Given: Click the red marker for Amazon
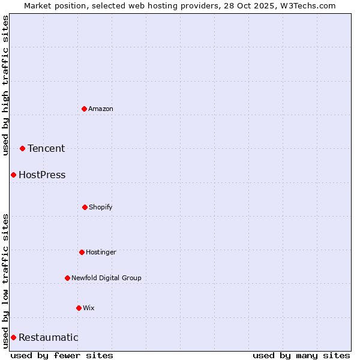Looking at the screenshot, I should coord(85,109).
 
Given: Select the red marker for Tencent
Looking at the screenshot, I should coord(22,148).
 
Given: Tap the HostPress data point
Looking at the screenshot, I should coord(13,175).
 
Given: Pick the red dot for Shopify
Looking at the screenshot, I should coord(85,207).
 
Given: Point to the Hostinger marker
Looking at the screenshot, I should coord(82,252).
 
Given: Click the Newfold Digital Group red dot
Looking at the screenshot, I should coord(67,278).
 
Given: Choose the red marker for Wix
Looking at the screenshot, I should coord(79,308).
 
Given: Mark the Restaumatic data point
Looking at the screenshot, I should coord(13,337).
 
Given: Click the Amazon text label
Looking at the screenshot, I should coord(101,109).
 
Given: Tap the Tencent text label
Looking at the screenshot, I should coord(46,148).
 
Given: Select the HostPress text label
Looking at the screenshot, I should coord(42,175).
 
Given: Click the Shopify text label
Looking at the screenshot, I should coord(101,207).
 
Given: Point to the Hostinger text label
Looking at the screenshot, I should coord(101,252).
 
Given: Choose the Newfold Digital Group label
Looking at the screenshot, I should coord(106,278).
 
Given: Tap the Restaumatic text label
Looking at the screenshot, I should coord(48,337).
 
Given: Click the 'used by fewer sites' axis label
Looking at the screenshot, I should coord(62,355).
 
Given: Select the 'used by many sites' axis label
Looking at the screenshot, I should coord(301,355).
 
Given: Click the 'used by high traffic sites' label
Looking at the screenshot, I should coord(5,86).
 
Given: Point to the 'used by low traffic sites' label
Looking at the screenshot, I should coord(5,280).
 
